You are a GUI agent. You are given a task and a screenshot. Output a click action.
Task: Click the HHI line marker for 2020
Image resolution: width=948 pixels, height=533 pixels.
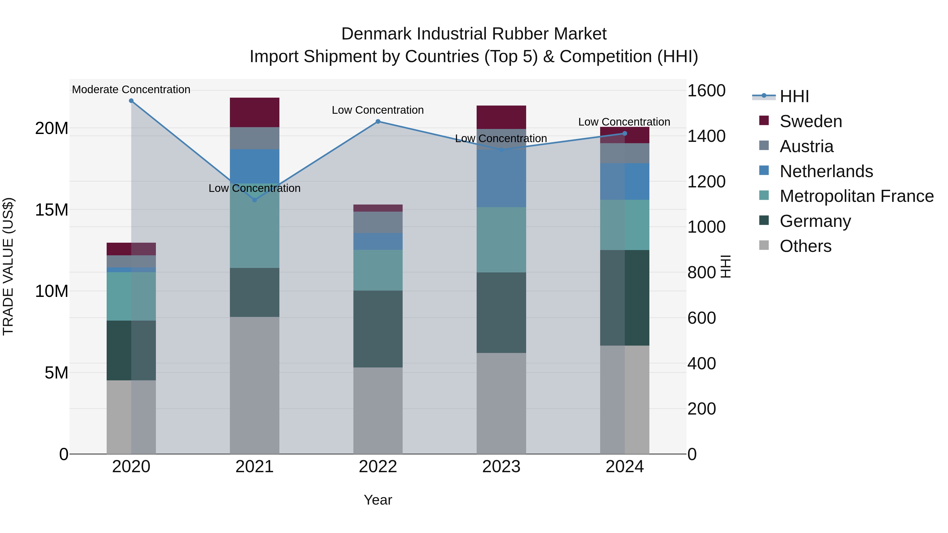pyautogui.click(x=131, y=101)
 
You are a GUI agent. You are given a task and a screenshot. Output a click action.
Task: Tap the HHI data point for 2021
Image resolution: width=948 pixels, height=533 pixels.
pyautogui.click(x=254, y=200)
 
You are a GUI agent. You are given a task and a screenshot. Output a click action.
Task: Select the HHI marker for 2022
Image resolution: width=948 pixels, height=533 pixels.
pyautogui.click(x=378, y=121)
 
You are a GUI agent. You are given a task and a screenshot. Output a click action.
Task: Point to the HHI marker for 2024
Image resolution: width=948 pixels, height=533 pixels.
pyautogui.click(x=625, y=133)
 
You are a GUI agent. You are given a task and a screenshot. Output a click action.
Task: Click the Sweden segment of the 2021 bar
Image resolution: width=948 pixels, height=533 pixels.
pyautogui.click(x=254, y=112)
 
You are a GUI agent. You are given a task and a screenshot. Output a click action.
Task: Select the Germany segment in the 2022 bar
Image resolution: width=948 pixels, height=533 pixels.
pyautogui.click(x=378, y=329)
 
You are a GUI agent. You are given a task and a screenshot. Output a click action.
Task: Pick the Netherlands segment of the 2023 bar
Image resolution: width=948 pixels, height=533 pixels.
pyautogui.click(x=501, y=178)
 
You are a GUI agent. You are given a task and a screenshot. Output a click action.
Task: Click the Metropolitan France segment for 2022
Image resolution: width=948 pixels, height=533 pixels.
pyautogui.click(x=378, y=270)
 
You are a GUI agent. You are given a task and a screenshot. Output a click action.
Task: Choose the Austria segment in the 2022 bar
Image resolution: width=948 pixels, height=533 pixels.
pyautogui.click(x=378, y=222)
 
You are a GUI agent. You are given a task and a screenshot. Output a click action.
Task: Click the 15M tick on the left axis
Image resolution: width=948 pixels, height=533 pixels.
pyautogui.click(x=52, y=210)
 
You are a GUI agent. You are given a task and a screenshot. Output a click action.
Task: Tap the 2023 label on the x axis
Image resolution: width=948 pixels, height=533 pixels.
pyautogui.click(x=501, y=467)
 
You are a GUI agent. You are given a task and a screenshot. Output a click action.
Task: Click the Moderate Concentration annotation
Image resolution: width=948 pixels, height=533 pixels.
pyautogui.click(x=131, y=89)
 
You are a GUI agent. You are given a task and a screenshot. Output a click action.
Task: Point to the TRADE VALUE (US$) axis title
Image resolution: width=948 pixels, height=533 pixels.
pyautogui.click(x=8, y=266)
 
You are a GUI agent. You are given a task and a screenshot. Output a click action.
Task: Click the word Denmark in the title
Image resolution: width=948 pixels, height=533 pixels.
pyautogui.click(x=376, y=34)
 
